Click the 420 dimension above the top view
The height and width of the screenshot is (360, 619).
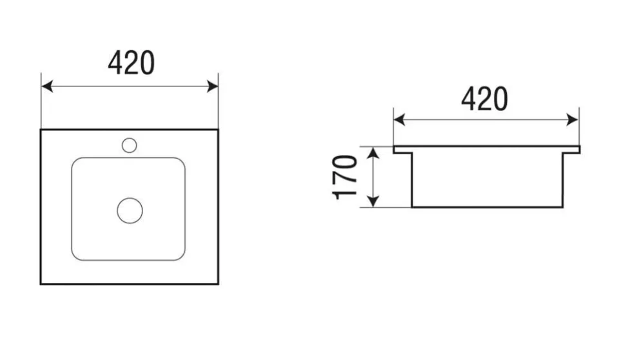(x=131, y=63)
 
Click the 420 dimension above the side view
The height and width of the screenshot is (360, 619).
(x=484, y=99)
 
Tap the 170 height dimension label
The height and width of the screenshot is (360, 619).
(x=345, y=177)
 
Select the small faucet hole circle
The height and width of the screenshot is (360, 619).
(x=130, y=145)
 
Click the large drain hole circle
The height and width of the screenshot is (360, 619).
(x=130, y=210)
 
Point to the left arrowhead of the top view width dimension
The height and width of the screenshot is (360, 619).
(x=47, y=86)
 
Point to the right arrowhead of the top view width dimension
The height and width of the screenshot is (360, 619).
(x=212, y=86)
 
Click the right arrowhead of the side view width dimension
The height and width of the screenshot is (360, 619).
(x=573, y=120)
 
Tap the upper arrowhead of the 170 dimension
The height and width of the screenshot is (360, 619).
(x=373, y=152)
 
